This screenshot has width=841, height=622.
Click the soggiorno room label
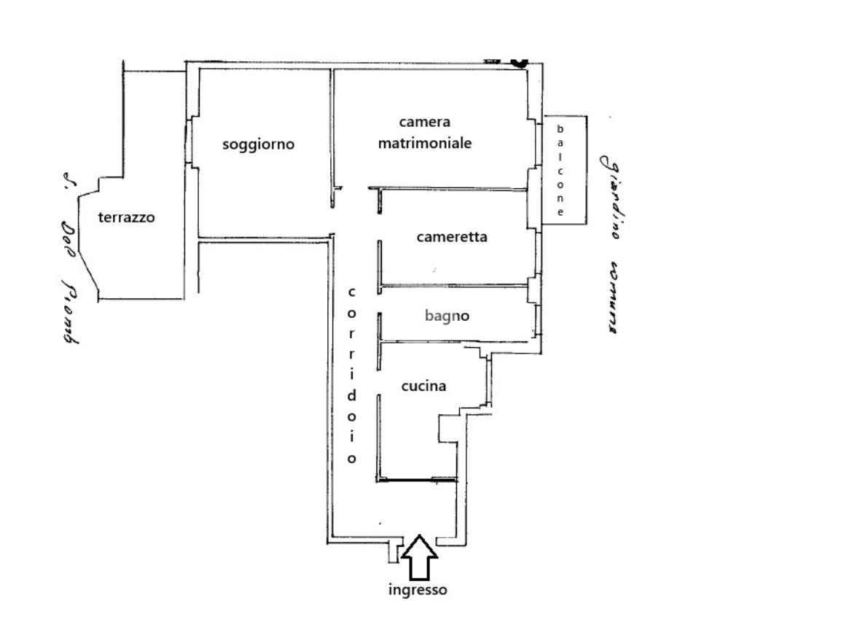point(258,144)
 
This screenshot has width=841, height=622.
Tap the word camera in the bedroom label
point(424,122)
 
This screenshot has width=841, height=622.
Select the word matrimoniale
point(424,143)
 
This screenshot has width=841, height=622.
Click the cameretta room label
point(452,237)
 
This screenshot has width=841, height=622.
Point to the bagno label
point(447,316)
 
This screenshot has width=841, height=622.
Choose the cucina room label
point(423,386)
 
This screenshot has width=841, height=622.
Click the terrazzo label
point(127,217)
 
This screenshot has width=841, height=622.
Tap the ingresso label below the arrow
point(417,590)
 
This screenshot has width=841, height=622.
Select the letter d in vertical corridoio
point(351,396)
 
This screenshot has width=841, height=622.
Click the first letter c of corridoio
point(351,292)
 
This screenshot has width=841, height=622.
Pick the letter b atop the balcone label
point(560,129)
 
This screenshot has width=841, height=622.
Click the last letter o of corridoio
point(351,459)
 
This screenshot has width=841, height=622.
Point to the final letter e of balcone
point(560,212)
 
